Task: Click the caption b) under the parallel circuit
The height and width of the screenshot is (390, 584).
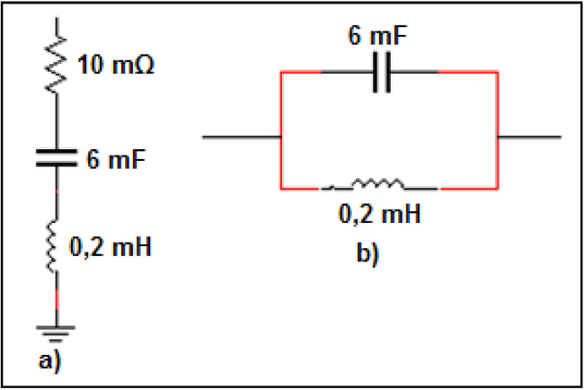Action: coord(369,254)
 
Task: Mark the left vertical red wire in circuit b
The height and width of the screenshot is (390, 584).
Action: coord(282,135)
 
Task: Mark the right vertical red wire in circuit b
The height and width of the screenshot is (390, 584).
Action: coord(497,135)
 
